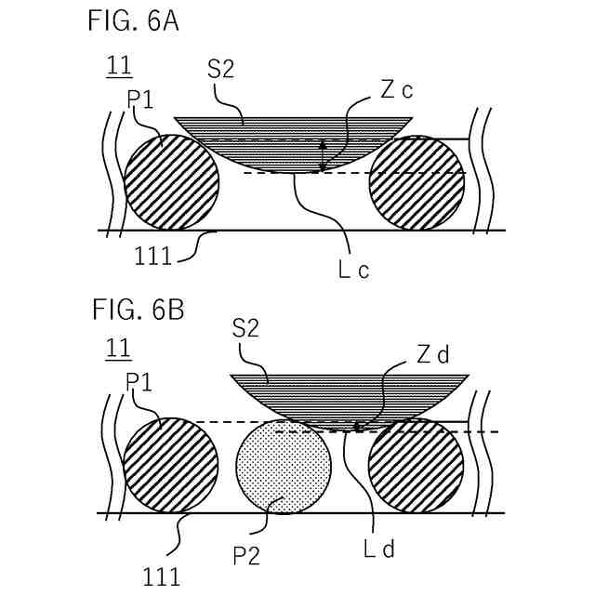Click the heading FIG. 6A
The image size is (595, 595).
click(133, 20)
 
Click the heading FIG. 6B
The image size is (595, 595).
click(137, 309)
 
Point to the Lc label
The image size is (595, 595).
click(356, 271)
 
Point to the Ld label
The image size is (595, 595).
click(379, 549)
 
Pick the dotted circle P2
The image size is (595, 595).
click(284, 464)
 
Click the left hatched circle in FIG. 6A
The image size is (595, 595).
click(171, 181)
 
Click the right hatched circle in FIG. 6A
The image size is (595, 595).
click(416, 183)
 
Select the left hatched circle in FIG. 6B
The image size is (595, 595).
click(171, 465)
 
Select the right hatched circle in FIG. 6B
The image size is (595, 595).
click(416, 465)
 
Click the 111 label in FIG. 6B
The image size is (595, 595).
click(163, 577)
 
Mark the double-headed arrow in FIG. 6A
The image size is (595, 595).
click(323, 156)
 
